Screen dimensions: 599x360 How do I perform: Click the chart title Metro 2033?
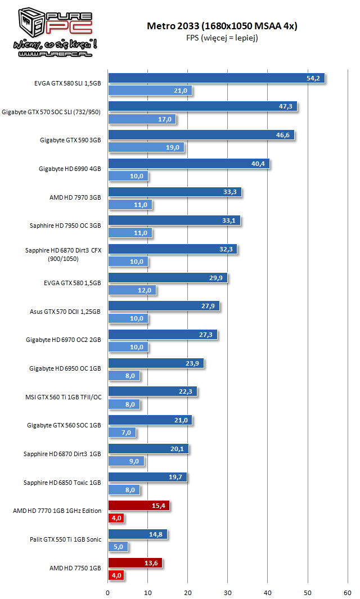coord(222,26)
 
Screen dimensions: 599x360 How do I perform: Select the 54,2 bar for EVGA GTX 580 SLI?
coord(216,78)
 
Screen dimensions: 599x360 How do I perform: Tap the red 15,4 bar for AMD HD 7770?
coord(138,506)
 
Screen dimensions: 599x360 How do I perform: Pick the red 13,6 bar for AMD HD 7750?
coord(135,563)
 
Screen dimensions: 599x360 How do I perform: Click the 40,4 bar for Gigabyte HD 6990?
coord(189,164)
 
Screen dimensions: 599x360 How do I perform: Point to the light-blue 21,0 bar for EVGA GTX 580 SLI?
coord(150,91)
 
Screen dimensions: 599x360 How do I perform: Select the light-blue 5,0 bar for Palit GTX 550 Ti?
coord(118,546)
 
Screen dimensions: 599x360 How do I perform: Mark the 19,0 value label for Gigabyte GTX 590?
coord(173,147)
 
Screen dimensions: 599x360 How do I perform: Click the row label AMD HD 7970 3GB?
coord(75,197)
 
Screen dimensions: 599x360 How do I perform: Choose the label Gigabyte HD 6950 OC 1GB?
coord(65,368)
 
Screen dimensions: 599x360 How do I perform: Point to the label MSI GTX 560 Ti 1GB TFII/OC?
coord(63,397)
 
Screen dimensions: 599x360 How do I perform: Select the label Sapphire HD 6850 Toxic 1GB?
coord(62,483)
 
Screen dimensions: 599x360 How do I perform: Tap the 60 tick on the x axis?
coord(347,592)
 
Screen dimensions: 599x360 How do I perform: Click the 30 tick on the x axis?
coord(228,592)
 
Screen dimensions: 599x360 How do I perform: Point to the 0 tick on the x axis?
coord(108,592)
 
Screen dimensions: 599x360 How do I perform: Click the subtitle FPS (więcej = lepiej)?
coord(222,38)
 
